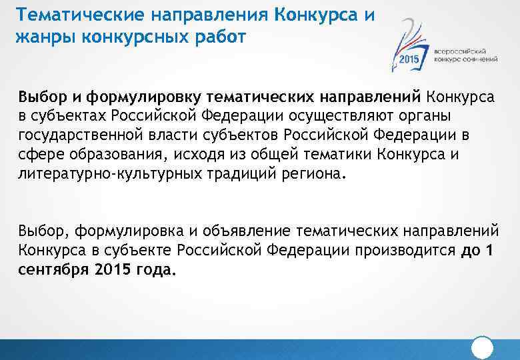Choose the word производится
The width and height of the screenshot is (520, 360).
point(393,251)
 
